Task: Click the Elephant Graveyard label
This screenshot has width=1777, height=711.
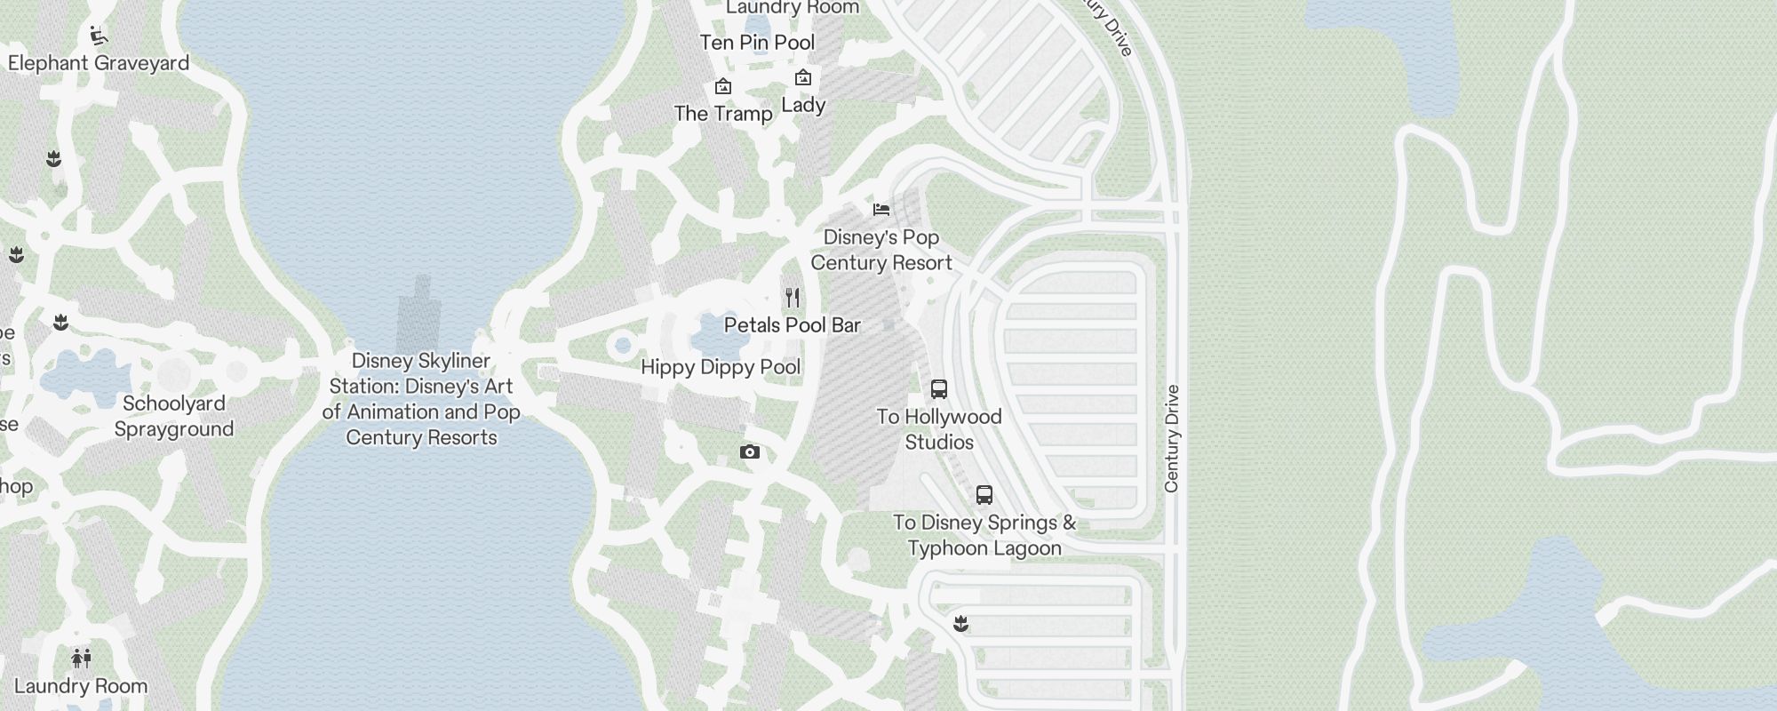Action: coord(99,63)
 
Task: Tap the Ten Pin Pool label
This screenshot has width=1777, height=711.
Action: coord(757,43)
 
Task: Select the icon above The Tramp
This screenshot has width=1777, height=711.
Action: coord(723,87)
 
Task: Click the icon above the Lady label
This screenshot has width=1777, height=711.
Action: coord(803,78)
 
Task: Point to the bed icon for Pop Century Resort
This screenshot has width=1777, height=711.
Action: coord(881,210)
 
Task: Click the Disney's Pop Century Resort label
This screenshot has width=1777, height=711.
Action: coord(881,250)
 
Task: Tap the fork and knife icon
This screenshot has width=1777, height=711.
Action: coord(793,297)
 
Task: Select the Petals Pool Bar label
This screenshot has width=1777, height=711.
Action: coord(793,325)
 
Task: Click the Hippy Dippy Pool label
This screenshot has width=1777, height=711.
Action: coord(721,367)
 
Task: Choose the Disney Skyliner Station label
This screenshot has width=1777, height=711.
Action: coord(421,399)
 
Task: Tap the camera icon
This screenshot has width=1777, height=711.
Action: coord(750,452)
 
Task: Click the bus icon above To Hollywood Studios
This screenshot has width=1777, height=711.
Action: coord(939,389)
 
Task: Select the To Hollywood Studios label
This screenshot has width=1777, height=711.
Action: coord(939,429)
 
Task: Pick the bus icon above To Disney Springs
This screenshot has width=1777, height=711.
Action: coord(984,495)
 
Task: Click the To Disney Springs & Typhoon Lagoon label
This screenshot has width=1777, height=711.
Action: coord(984,535)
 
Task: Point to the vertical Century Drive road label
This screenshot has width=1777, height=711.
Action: coord(1172,438)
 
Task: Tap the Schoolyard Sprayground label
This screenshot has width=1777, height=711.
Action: coord(174,416)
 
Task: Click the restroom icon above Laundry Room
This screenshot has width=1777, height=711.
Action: coord(81,659)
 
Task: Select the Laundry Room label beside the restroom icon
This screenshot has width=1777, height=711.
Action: coord(81,686)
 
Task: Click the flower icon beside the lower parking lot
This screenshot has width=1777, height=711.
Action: coord(960,624)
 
